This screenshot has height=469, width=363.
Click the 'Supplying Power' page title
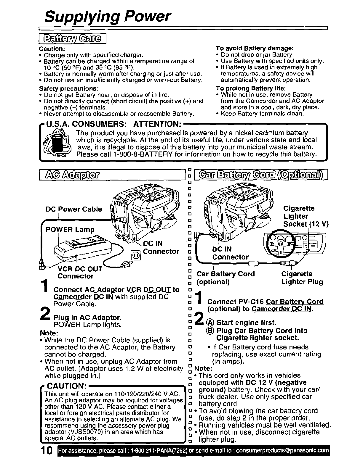(x=107, y=17)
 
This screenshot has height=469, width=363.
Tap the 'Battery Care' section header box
(x=72, y=38)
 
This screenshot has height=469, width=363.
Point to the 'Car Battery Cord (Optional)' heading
(x=261, y=174)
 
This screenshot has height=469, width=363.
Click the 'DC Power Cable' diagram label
(x=73, y=209)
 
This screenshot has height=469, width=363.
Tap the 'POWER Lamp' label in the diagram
(x=70, y=229)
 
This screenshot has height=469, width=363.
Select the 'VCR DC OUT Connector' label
(x=80, y=273)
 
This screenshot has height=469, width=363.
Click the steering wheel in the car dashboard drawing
(x=280, y=243)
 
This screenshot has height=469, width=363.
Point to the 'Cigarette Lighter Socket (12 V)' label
(x=306, y=216)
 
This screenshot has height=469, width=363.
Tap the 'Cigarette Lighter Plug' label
(x=302, y=278)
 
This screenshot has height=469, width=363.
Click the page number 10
(x=47, y=450)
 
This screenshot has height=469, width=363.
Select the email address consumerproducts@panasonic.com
(x=282, y=451)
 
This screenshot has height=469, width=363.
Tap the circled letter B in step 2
(x=210, y=331)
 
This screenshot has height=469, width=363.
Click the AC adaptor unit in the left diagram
(x=83, y=249)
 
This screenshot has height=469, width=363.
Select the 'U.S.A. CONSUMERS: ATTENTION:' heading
(x=114, y=124)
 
